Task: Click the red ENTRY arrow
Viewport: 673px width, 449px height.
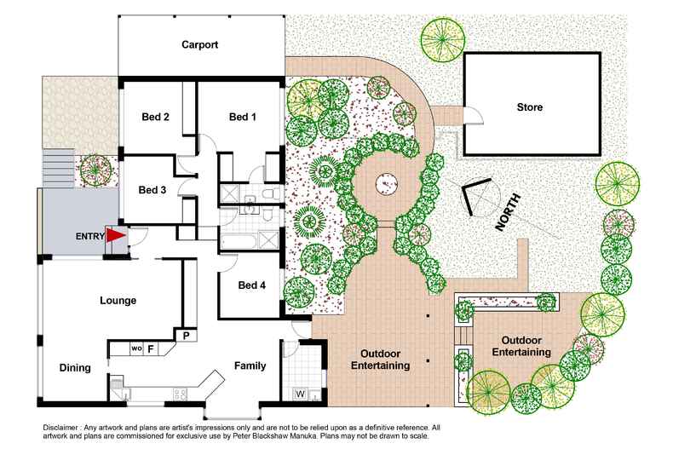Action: coord(115,235)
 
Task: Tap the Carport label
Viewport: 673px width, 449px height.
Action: coord(200,45)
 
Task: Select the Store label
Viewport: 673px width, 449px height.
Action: coord(529,107)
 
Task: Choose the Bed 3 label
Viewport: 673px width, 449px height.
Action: coord(152,189)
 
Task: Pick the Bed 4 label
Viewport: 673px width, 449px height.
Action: coord(252,285)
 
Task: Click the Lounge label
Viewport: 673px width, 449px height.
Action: coord(118,300)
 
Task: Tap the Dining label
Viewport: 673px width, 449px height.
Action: coord(75,368)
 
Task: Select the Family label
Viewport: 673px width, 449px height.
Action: coord(250,366)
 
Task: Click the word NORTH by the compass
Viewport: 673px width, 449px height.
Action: coord(509,213)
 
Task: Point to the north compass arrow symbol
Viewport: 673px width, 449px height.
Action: coord(475,196)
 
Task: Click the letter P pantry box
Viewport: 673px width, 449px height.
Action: coord(184,336)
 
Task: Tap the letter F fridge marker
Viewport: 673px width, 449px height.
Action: coord(151,348)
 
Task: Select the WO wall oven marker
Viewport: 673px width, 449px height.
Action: coord(135,348)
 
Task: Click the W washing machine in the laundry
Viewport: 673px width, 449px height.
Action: coord(300,394)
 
